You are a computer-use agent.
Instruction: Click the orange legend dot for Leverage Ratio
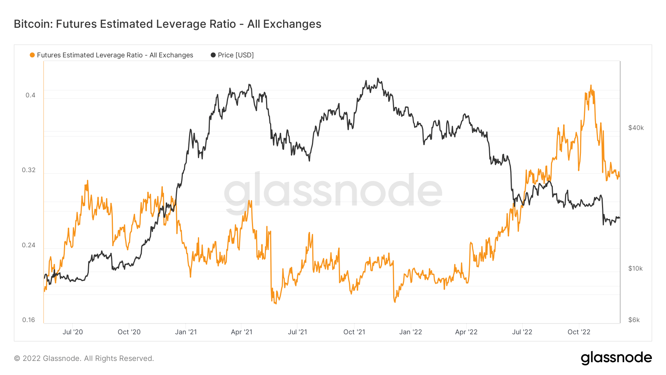32,55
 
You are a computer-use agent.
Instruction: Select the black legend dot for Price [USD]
213,55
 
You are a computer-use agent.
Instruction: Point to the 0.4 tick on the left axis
30,95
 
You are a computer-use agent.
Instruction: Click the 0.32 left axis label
28,170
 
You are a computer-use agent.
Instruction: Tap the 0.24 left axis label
28,245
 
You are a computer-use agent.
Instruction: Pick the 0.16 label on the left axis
28,320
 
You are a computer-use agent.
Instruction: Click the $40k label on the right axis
636,128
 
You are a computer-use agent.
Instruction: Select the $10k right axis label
635,268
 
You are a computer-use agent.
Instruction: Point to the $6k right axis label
634,320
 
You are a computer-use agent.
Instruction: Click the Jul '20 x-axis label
73,332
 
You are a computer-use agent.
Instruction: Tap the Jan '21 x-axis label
186,332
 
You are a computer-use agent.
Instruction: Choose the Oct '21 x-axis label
354,332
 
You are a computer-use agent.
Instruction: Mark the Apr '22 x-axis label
466,332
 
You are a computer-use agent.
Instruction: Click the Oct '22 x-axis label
579,332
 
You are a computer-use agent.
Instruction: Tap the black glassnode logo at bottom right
616,358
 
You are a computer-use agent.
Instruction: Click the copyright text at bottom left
84,358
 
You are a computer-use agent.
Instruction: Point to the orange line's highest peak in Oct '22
591,86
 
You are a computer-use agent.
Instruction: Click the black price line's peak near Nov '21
378,78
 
